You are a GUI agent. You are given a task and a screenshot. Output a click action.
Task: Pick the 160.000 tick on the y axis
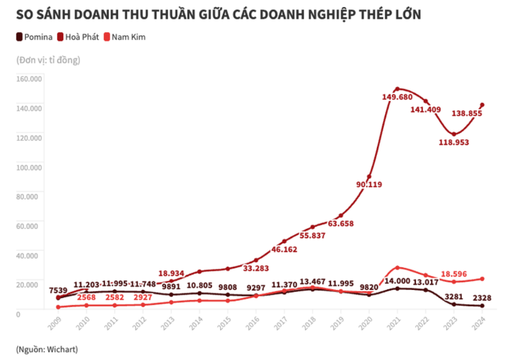[30, 78]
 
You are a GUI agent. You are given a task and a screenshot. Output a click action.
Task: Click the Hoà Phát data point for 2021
[397, 89]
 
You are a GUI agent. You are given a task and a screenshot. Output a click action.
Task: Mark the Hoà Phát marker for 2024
[482, 105]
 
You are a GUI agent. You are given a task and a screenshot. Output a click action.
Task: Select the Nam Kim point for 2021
[397, 267]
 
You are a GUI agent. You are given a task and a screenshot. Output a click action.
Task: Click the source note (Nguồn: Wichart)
[47, 348]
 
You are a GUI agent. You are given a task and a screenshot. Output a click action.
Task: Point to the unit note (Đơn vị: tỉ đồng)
[48, 60]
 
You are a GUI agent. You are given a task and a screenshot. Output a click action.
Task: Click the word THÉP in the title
[375, 14]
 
